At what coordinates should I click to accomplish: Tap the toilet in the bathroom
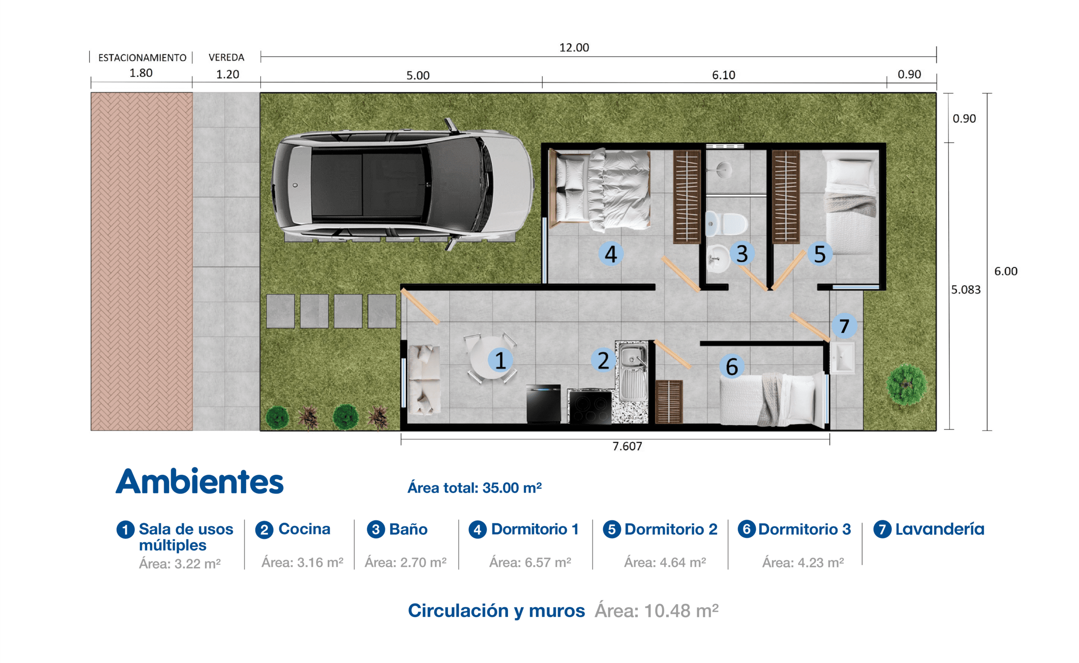point(726,223)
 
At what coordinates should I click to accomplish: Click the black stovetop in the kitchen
point(590,407)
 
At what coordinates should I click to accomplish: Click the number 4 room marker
point(611,254)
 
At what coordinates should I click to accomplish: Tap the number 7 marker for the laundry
point(844,326)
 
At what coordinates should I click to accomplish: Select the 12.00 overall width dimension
point(574,47)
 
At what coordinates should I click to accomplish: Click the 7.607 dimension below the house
point(627,446)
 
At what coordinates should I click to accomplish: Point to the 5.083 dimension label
point(966,289)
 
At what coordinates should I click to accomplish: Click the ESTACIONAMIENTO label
point(142,57)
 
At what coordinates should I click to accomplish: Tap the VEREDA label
point(226,57)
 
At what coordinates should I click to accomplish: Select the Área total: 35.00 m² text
point(475,488)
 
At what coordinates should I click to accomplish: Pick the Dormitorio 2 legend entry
point(660,529)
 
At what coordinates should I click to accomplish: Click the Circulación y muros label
point(497,610)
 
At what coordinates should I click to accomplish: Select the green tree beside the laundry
point(906,385)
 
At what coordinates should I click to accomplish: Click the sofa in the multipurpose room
point(424,380)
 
